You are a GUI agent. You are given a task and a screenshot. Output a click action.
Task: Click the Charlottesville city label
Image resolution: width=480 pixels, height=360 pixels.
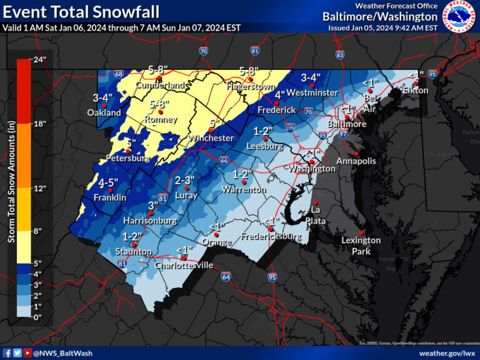click(x=184, y=265)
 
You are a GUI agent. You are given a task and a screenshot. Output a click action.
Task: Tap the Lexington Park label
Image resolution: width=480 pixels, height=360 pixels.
click(x=361, y=246)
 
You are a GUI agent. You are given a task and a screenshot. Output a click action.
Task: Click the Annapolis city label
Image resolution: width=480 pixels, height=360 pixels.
click(x=356, y=161)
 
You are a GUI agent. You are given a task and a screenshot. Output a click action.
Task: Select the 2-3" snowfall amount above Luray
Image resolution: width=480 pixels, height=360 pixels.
click(x=186, y=180)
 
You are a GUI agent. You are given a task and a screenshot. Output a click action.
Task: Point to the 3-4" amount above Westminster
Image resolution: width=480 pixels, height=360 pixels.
click(x=311, y=77)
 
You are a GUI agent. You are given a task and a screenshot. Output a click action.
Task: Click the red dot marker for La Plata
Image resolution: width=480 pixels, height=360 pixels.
click(x=316, y=202)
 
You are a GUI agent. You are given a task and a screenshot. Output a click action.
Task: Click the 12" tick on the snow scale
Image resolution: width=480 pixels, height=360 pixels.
click(x=39, y=187)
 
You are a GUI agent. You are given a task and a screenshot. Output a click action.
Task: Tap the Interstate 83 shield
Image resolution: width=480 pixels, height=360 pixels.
click(x=339, y=55)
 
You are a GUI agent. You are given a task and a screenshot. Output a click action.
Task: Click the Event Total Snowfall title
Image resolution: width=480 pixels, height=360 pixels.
click(x=81, y=11)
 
